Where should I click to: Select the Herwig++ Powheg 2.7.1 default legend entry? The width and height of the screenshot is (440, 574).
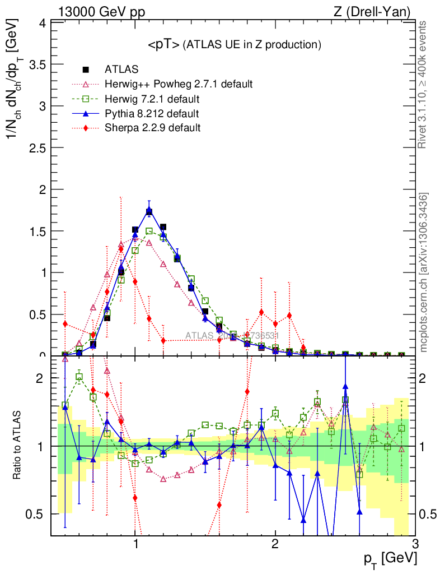coord(179,84)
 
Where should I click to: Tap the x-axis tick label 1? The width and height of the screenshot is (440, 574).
coord(135,544)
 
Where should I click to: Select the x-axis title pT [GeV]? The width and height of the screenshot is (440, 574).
coord(388,558)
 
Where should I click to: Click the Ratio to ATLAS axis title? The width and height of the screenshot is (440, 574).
coord(18,445)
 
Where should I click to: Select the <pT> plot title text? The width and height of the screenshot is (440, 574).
coord(234,45)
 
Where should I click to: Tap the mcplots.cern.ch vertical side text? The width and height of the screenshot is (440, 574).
coord(424,272)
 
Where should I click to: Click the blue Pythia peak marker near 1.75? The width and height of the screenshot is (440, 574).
coord(149,211)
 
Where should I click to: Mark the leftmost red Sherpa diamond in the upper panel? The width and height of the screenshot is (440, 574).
coord(65,324)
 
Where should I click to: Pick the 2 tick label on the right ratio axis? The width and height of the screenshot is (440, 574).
coord(428,378)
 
